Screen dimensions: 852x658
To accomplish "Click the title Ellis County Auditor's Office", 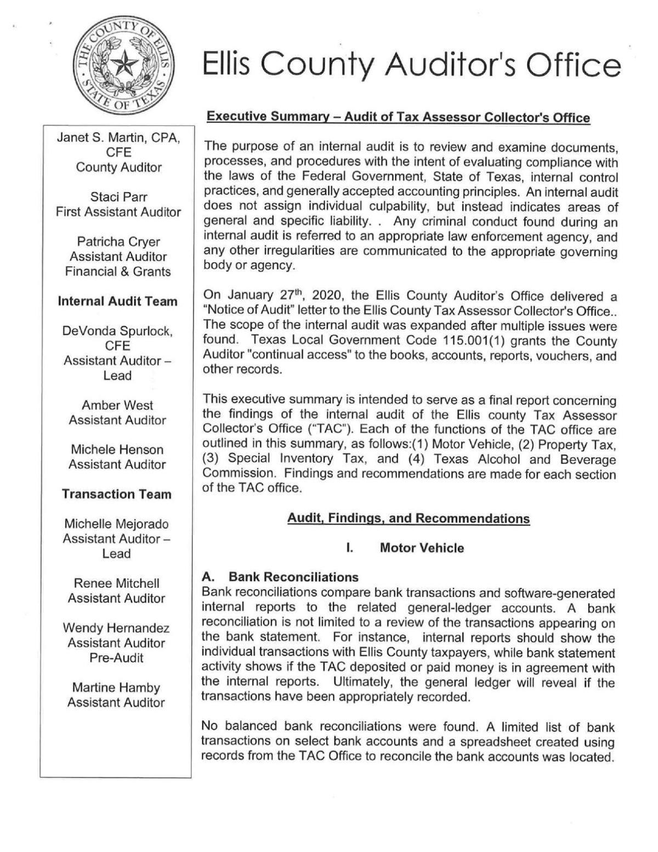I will click(x=411, y=65).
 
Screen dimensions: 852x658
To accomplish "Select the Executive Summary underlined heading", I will click(x=398, y=117).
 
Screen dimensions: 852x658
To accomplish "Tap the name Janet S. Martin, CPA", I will click(x=118, y=138).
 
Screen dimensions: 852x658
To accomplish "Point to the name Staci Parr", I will click(x=118, y=197).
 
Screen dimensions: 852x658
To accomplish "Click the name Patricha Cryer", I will click(x=118, y=242).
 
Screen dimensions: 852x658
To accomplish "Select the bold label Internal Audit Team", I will click(x=118, y=301).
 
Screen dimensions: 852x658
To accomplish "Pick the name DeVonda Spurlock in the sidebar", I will click(x=118, y=331).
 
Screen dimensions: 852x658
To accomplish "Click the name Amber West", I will click(x=117, y=405).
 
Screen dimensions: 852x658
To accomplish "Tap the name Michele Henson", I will click(x=117, y=450).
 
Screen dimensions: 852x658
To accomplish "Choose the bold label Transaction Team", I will click(x=117, y=494).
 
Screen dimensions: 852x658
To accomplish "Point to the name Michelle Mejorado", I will click(x=116, y=524).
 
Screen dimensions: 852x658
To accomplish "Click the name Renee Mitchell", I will click(x=116, y=583).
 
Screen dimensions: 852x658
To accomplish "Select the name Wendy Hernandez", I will click(x=116, y=628).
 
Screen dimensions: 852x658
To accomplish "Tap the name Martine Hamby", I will click(x=116, y=688).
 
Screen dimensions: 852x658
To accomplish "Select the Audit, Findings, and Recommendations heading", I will click(x=409, y=519).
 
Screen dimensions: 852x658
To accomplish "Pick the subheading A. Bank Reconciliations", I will click(x=280, y=577).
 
